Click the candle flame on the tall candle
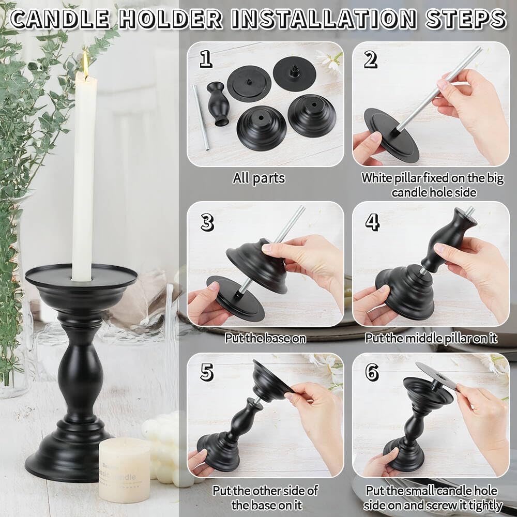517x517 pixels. [85, 64]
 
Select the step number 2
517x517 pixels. [370, 59]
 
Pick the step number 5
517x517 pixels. [207, 372]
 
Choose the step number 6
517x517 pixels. [372, 372]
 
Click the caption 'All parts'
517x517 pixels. [258, 178]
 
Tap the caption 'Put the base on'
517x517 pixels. [265, 339]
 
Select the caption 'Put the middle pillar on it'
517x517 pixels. [431, 339]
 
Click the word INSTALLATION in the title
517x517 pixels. [324, 19]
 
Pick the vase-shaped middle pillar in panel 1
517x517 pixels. [218, 103]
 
